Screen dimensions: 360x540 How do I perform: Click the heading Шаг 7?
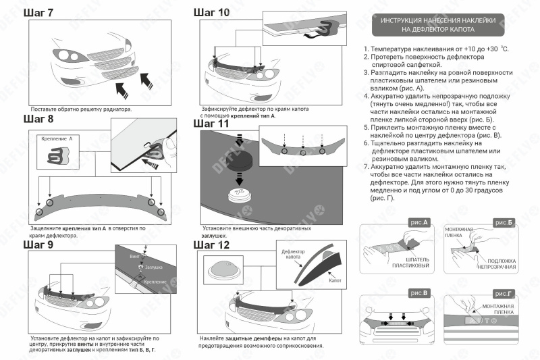coord(38,12)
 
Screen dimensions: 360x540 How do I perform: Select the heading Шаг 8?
coord(38,119)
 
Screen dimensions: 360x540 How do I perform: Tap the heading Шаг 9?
coord(38,245)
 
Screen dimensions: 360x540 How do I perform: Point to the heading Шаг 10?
coord(211,12)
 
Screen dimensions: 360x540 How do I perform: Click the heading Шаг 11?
coord(211,123)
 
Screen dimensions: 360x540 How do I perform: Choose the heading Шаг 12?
coord(211,245)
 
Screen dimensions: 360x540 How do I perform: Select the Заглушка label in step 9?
coord(154,268)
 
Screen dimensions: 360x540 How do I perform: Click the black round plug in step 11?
coord(238,162)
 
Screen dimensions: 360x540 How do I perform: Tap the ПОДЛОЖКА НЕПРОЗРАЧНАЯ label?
coord(500,263)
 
